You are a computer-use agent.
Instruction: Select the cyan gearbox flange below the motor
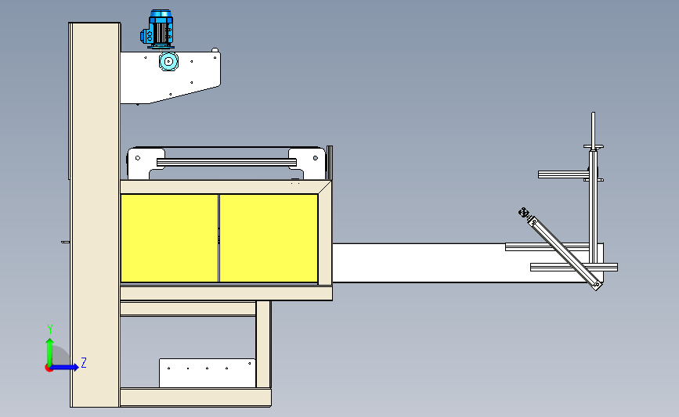pyautogui.click(x=167, y=62)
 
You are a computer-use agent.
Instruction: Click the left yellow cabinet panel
pyautogui.click(x=169, y=238)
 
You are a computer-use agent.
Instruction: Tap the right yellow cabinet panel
pyautogui.click(x=269, y=238)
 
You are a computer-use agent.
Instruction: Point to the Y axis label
pyautogui.click(x=49, y=329)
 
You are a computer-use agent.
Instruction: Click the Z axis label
pyautogui.click(x=83, y=362)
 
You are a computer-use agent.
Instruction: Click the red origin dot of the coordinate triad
pyautogui.click(x=49, y=367)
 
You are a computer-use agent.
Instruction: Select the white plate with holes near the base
pyautogui.click(x=207, y=372)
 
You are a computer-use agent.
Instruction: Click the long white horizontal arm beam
pyautogui.click(x=415, y=262)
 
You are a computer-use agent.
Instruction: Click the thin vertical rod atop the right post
pyautogui.click(x=594, y=128)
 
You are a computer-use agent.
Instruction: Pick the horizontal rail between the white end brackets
pyautogui.click(x=227, y=162)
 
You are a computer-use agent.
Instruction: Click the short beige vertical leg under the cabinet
pyautogui.click(x=263, y=343)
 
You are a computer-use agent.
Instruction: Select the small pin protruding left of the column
pyautogui.click(x=63, y=243)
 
